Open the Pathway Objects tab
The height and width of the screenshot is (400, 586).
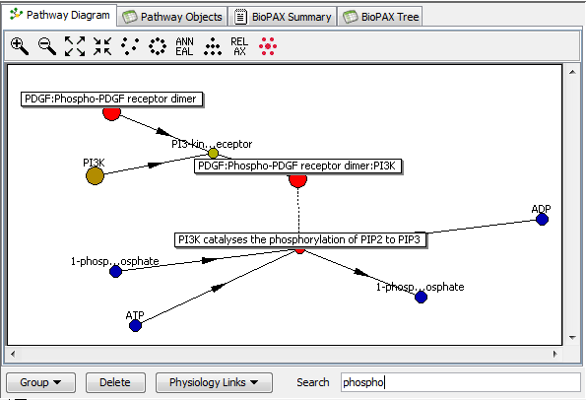point(172,17)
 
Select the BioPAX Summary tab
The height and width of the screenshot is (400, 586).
point(283,17)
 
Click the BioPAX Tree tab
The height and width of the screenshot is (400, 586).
point(380,17)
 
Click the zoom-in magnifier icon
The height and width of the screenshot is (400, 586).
point(20,46)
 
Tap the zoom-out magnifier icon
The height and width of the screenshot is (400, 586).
point(47,46)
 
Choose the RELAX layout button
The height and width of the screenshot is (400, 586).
point(239,46)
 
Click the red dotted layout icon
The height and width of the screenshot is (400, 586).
point(268,46)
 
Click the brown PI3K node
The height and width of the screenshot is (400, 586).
point(95,175)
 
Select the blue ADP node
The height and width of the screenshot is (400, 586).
point(542,219)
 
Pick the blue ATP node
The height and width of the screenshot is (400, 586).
point(135,325)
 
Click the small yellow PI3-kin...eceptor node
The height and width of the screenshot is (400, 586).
point(213,153)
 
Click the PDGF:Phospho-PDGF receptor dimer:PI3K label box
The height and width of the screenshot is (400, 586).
point(297,166)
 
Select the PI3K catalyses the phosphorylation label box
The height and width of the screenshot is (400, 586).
point(300,239)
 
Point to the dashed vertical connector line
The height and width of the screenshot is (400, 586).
point(298,210)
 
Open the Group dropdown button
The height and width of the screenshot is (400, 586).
point(40,382)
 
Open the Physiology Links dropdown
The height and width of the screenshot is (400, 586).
point(214,382)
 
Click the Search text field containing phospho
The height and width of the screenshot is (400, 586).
point(461,382)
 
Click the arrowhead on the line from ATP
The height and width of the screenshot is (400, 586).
point(218,287)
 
